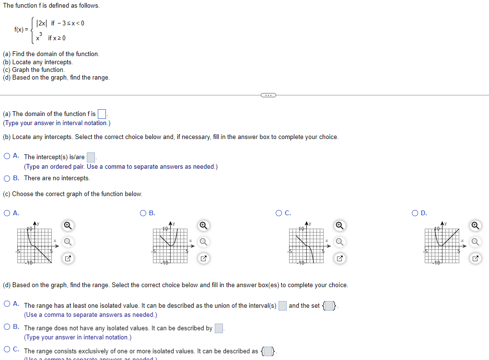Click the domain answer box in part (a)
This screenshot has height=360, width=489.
(102, 114)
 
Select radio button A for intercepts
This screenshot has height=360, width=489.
(7, 156)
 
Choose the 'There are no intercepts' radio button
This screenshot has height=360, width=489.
(7, 178)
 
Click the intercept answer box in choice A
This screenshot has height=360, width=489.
(91, 157)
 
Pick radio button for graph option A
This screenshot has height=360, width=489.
(7, 213)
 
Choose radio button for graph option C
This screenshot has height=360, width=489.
(279, 213)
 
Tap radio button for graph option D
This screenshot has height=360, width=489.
(415, 213)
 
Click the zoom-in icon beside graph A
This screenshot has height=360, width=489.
(68, 225)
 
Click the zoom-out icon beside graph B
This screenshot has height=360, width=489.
(203, 242)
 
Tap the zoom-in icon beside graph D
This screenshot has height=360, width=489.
(475, 225)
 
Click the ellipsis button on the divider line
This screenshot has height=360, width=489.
(268, 95)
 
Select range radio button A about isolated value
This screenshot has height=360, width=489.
(7, 304)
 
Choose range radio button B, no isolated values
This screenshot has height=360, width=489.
(7, 327)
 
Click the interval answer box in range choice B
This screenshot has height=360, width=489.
(219, 328)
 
